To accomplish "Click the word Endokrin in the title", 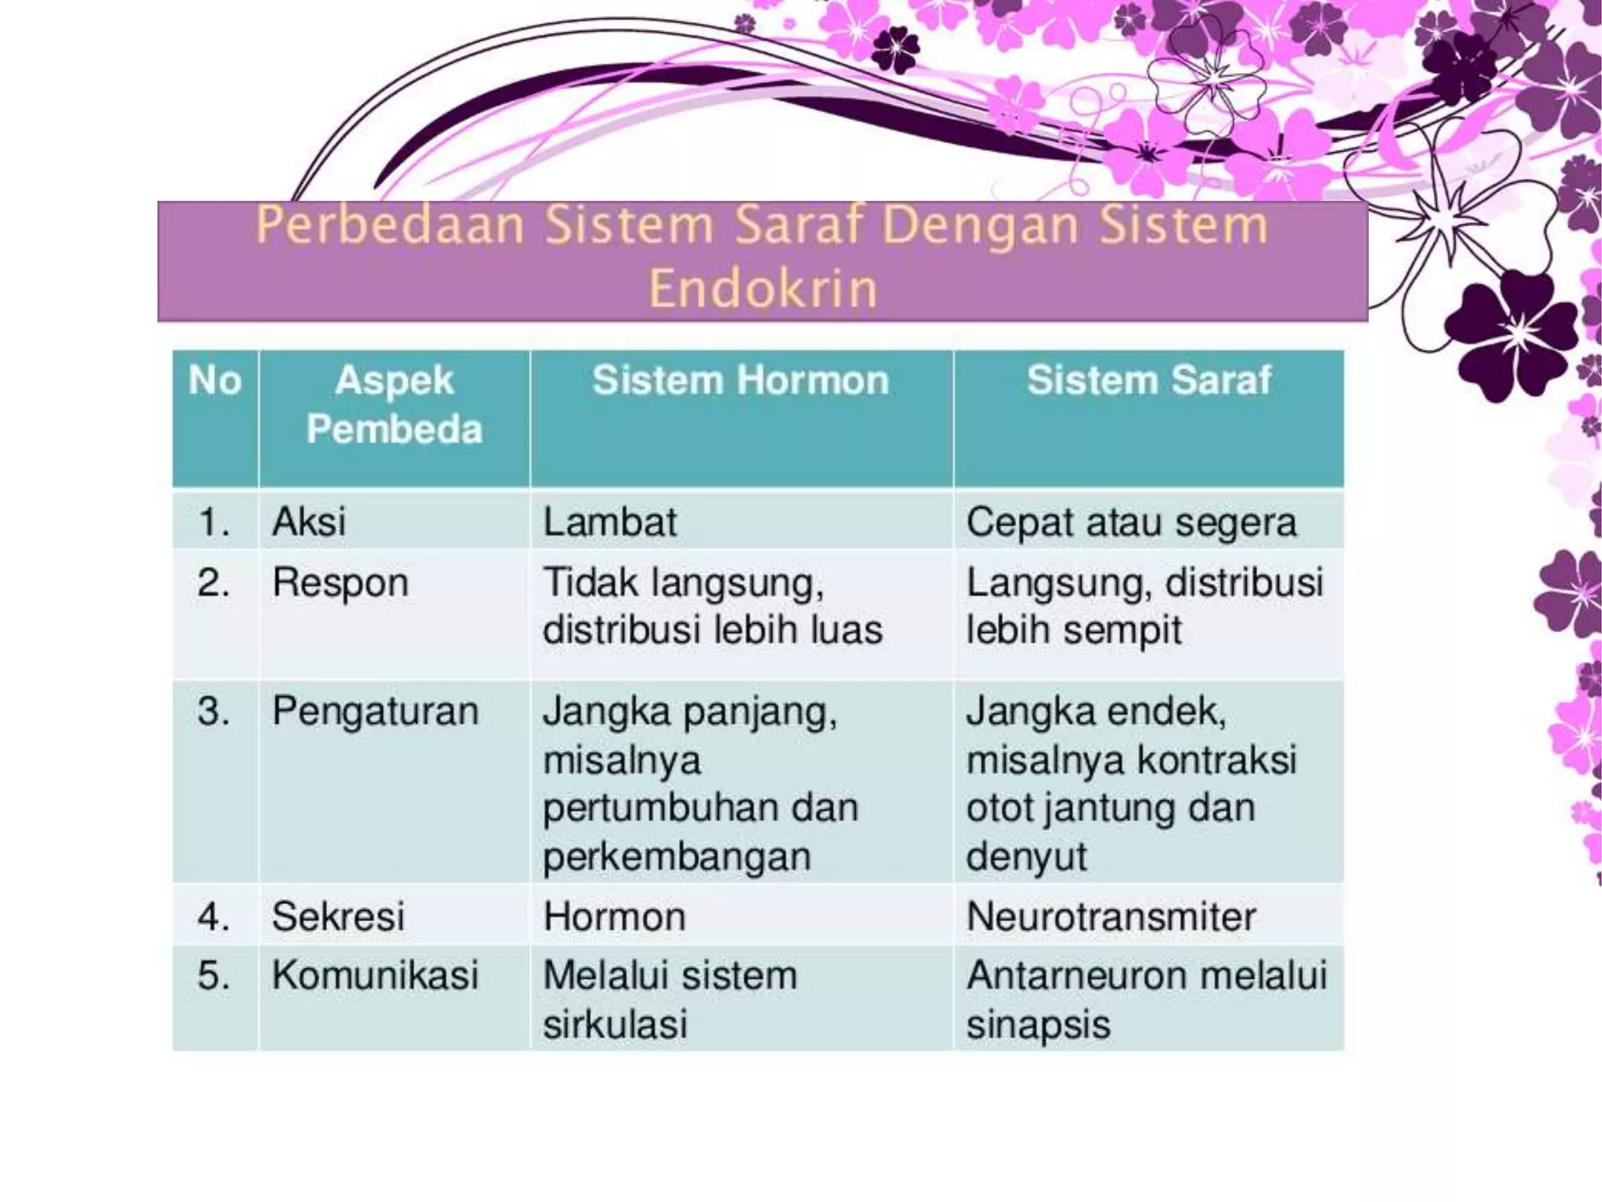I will coord(763,288).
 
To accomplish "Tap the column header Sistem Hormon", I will coord(740,381).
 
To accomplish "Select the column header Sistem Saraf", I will coord(1148,381).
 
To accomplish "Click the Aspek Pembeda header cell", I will coord(394,405).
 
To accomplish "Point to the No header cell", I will coord(214,381).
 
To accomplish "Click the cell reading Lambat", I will coord(610,522).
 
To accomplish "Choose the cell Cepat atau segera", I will coord(1131,523).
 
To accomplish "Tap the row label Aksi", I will coord(308,522).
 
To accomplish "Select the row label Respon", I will coord(340,583).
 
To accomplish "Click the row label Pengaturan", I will coord(375,712).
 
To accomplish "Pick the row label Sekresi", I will coord(338,916).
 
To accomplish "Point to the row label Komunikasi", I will coord(375,976).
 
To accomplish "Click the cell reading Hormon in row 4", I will coord(614,916).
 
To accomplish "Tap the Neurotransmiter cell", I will coord(1111,916).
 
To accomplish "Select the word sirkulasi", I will coord(615,1024).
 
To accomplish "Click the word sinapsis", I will coord(1038,1024).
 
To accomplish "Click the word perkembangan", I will coord(677,857).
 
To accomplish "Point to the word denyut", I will coord(1026,857).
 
